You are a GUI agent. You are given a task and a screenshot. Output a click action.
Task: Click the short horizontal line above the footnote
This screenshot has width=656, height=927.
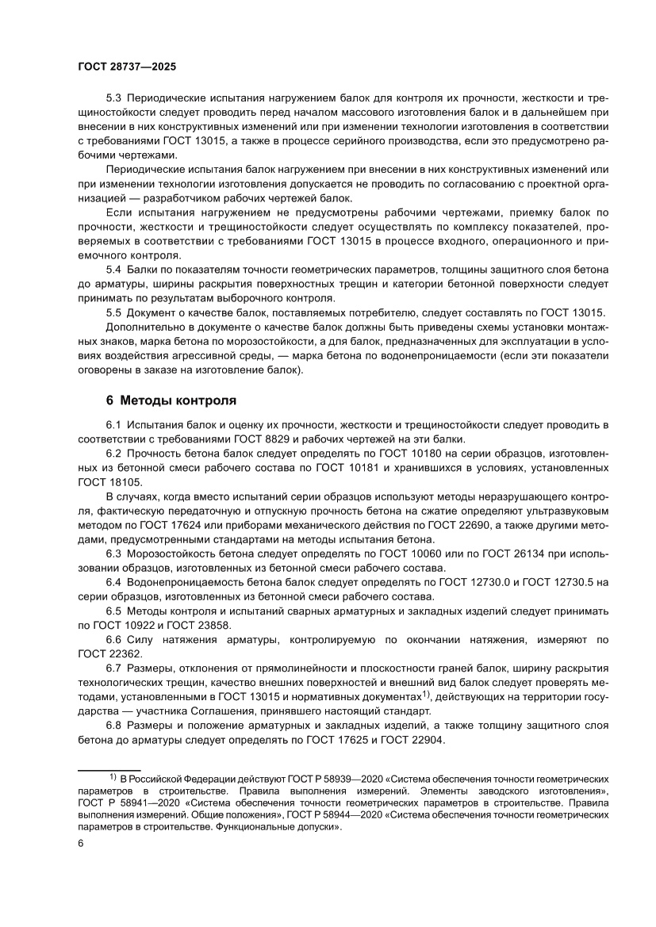click(x=109, y=770)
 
